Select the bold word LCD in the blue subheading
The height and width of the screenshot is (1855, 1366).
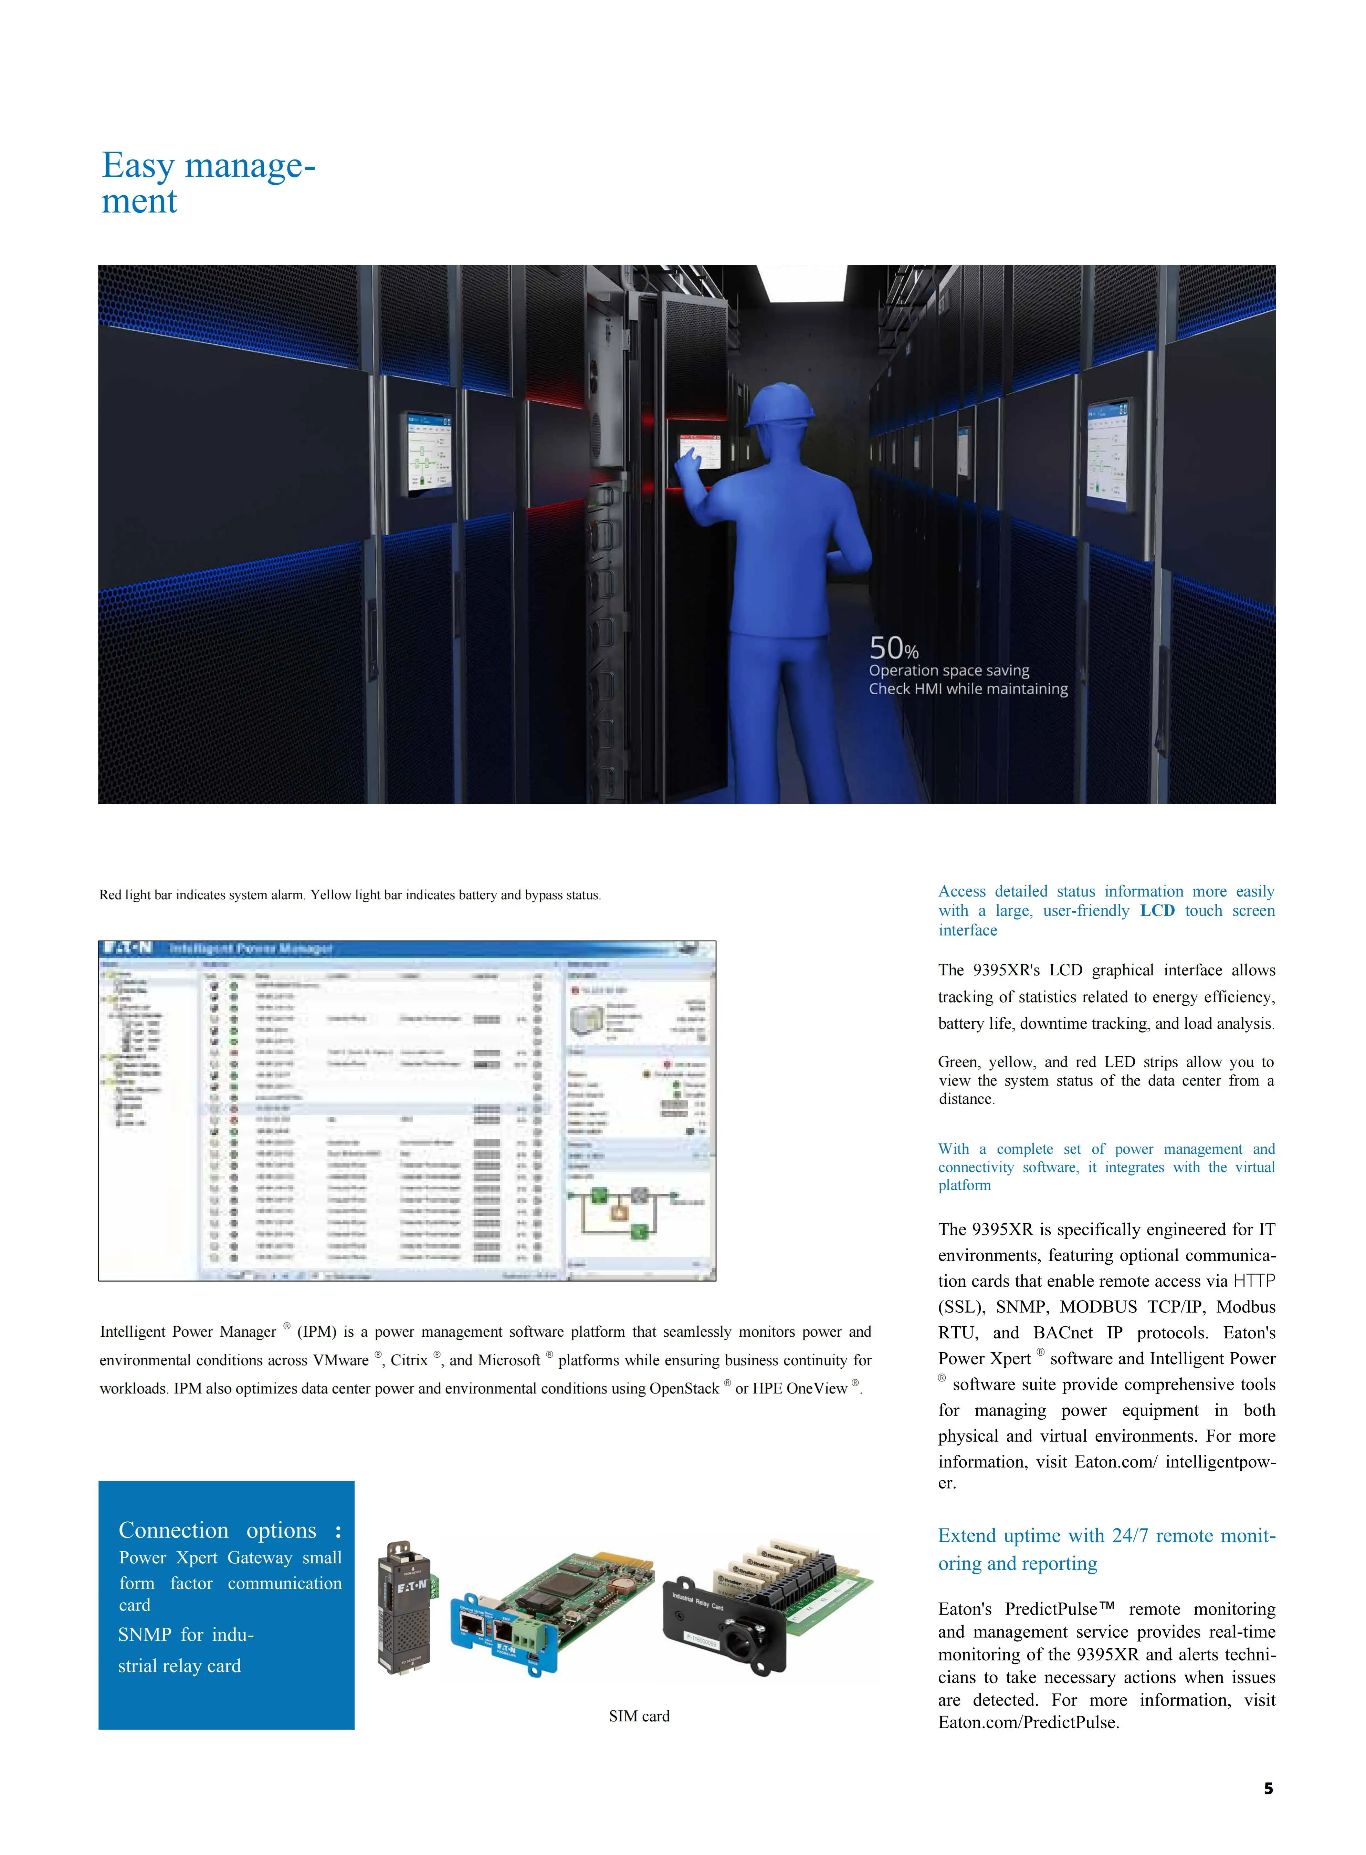[1157, 911]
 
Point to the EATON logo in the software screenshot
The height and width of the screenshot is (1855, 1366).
[127, 948]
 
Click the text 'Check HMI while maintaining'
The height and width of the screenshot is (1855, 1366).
[967, 689]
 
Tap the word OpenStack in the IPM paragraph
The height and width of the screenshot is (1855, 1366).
[684, 1389]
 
